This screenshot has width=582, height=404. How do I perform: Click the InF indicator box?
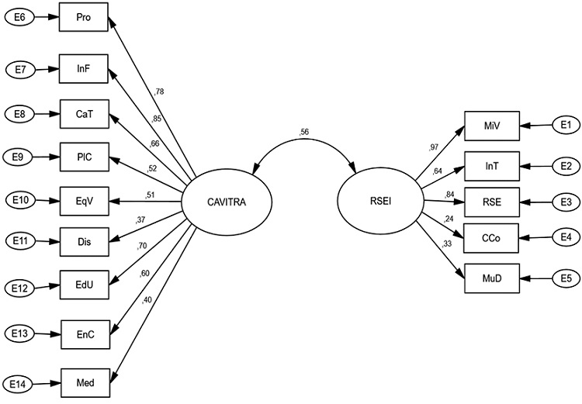pyautogui.click(x=86, y=69)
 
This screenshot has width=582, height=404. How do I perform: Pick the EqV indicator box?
pyautogui.click(x=86, y=200)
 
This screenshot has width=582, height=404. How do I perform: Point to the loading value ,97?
pyautogui.click(x=433, y=146)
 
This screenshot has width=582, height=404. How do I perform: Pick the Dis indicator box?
pyautogui.click(x=86, y=243)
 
